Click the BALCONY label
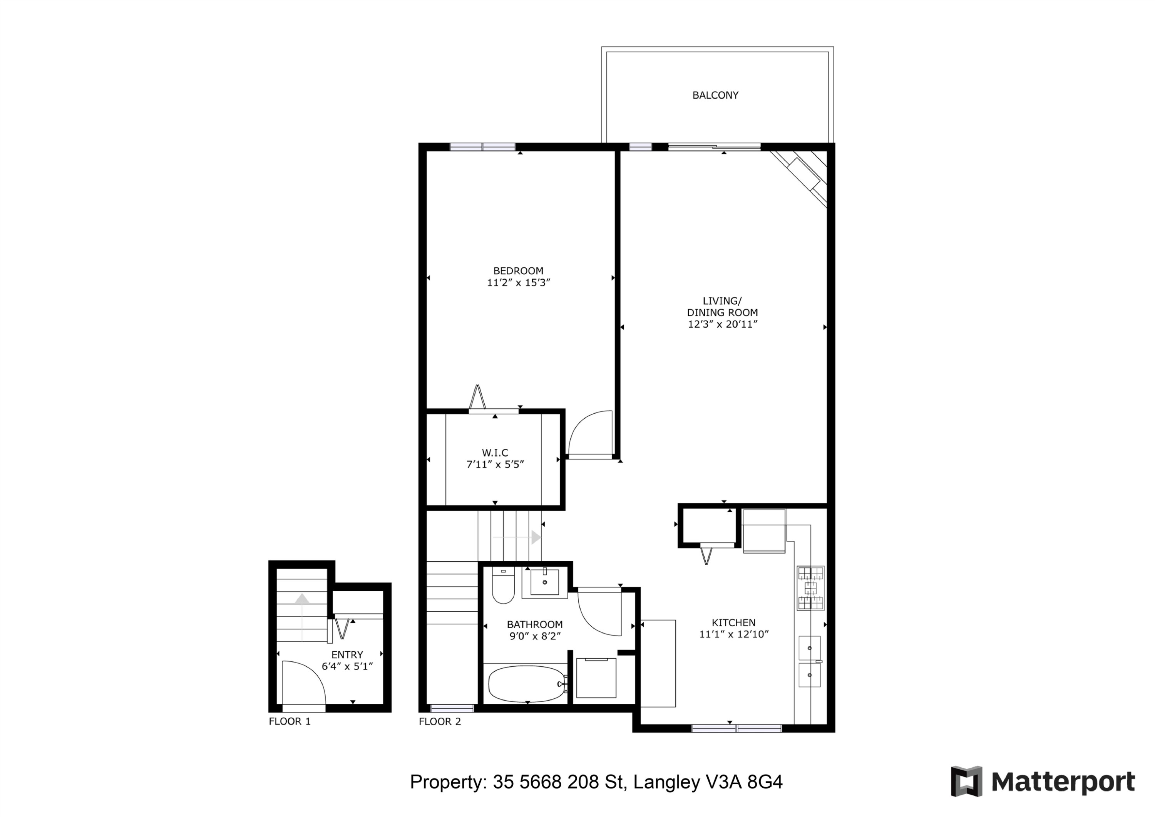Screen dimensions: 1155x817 pyautogui.click(x=715, y=95)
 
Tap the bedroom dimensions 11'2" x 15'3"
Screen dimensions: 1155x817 pyautogui.click(x=519, y=283)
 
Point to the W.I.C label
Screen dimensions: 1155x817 pyautogui.click(x=495, y=453)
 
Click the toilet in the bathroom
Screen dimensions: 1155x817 pyautogui.click(x=503, y=586)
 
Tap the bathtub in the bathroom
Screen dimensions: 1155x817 pyautogui.click(x=527, y=684)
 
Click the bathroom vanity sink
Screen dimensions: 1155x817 pyautogui.click(x=545, y=582)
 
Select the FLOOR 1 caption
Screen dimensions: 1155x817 pyautogui.click(x=290, y=721)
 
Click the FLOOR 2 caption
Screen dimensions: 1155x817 pyautogui.click(x=440, y=721)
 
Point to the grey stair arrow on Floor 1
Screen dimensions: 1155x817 pyautogui.click(x=302, y=616)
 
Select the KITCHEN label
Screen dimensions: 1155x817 pyautogui.click(x=733, y=623)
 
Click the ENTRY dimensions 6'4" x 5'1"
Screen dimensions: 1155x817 pyautogui.click(x=347, y=666)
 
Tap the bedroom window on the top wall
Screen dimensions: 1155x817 pyautogui.click(x=482, y=147)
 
